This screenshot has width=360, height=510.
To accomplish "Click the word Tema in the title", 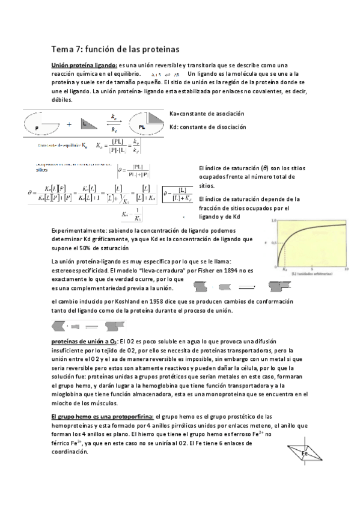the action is [x=61, y=48].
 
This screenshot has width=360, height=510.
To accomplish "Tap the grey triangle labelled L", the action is [x=91, y=124].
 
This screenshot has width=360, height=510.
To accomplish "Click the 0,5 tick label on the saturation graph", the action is [x=273, y=243].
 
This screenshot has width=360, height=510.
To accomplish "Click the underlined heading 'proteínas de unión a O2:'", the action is [x=84, y=341].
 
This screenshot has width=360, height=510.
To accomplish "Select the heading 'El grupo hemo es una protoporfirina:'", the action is [x=102, y=416].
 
